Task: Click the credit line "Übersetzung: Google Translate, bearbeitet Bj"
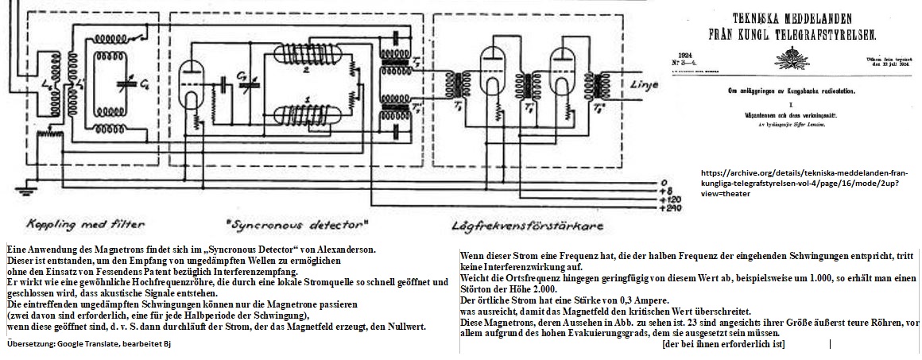(x=88, y=343)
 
